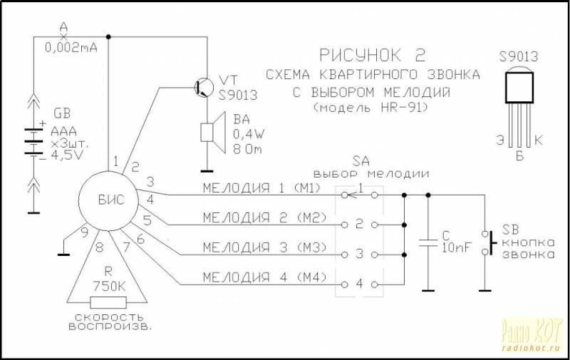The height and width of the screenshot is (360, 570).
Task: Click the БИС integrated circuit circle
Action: pyautogui.click(x=110, y=200)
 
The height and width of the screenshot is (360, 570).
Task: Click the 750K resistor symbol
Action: pyautogui.click(x=108, y=302)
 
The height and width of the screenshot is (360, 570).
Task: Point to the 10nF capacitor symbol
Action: pyautogui.click(x=428, y=242)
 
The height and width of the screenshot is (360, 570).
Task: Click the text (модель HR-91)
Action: pyautogui.click(x=371, y=107)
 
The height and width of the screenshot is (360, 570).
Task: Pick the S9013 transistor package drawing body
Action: pyautogui.click(x=520, y=87)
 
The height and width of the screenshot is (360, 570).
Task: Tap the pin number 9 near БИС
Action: pyautogui.click(x=84, y=231)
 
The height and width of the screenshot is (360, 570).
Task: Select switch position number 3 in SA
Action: pyautogui.click(x=360, y=254)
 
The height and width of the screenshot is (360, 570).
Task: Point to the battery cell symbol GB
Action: pyautogui.click(x=33, y=140)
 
